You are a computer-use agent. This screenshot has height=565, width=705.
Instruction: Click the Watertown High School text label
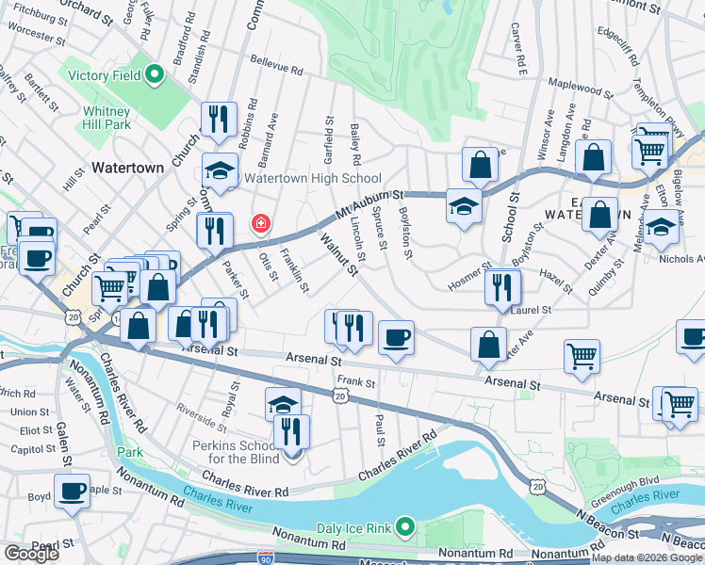(312, 178)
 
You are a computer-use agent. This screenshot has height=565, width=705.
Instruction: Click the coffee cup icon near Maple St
(72, 490)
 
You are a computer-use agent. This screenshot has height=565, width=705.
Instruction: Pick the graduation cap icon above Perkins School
(283, 403)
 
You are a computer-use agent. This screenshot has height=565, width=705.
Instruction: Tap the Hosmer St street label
(469, 268)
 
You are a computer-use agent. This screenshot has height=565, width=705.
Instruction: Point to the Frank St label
(356, 383)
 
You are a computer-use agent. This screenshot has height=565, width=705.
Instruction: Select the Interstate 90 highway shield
(266, 558)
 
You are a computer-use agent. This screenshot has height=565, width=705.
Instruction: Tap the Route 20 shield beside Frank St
(339, 396)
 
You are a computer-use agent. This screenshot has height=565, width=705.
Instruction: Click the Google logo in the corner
(31, 554)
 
